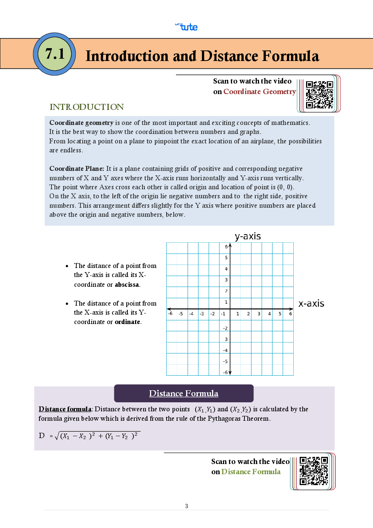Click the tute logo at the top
click(x=187, y=27)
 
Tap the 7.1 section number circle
click(x=55, y=54)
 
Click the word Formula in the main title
click(x=290, y=56)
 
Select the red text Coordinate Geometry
click(x=259, y=91)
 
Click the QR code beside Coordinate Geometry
click(x=319, y=94)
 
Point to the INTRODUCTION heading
click(x=86, y=107)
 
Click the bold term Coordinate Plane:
click(x=76, y=169)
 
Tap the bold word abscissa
click(x=127, y=285)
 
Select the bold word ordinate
click(x=127, y=322)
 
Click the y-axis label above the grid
click(x=247, y=236)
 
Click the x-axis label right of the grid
click(x=311, y=304)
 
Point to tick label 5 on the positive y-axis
click(x=226, y=258)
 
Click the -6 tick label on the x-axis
click(x=170, y=313)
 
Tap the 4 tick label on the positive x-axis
click(x=269, y=313)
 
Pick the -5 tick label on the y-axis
click(x=225, y=361)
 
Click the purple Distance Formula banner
click(x=183, y=393)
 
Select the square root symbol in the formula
click(x=57, y=436)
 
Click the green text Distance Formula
click(x=251, y=472)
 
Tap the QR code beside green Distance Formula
click(x=313, y=471)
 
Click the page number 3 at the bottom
click(x=186, y=506)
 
